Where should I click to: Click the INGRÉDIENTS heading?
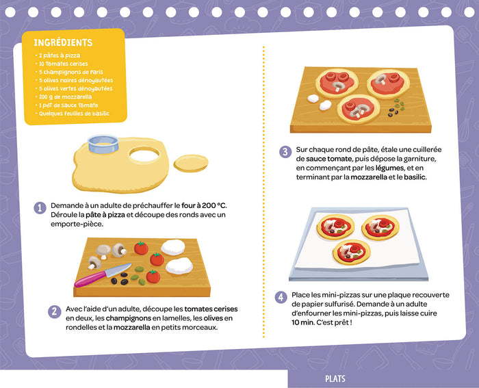click(63, 42)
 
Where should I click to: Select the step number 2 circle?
click(53, 312)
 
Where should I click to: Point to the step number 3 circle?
click(284, 152)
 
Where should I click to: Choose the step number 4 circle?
click(281, 297)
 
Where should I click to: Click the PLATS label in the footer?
click(335, 379)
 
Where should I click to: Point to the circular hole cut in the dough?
click(144, 155)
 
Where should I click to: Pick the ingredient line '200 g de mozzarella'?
click(65, 96)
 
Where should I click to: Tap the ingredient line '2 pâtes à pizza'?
click(60, 55)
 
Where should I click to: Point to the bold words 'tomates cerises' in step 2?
click(216, 309)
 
